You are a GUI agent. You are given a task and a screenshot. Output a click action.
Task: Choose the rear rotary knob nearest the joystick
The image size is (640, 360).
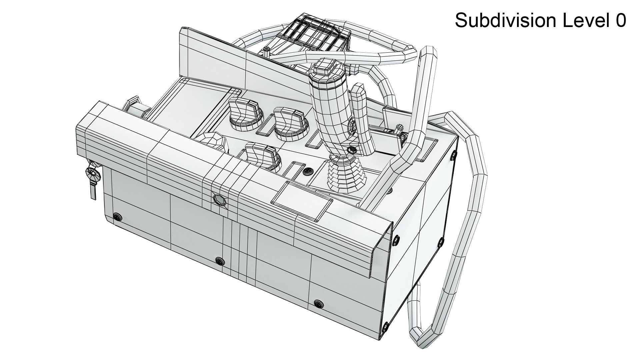click(288, 122)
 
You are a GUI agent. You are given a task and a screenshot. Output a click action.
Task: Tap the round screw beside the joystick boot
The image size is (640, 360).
click(308, 172)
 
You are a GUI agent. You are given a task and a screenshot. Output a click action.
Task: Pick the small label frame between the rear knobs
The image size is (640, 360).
click(265, 128)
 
